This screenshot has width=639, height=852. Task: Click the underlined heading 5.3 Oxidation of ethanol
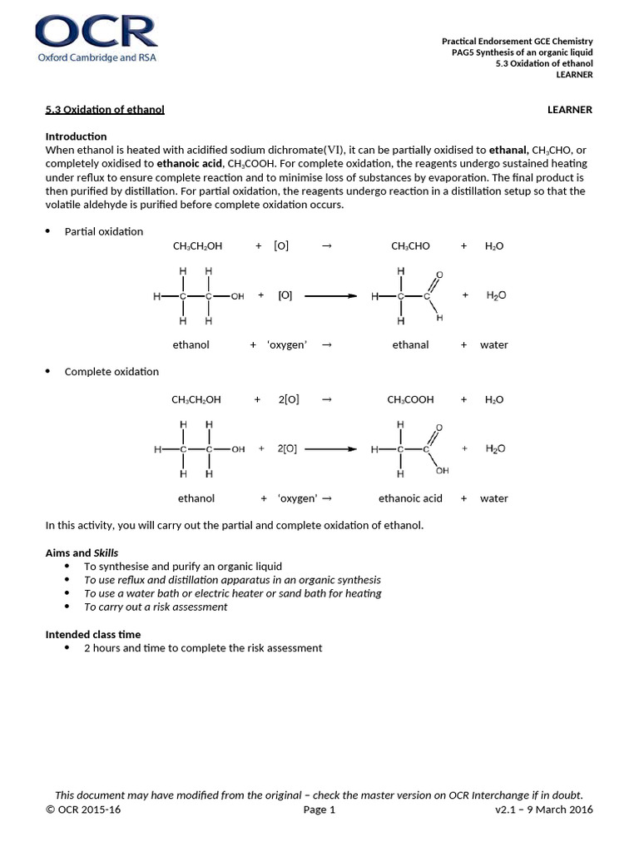(x=105, y=110)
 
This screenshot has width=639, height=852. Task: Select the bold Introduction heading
(x=76, y=136)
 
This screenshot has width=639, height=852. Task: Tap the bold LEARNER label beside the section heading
(x=569, y=110)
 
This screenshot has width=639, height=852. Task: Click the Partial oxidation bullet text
(x=104, y=231)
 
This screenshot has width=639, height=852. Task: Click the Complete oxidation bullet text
(x=111, y=371)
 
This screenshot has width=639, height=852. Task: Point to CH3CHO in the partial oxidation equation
(x=410, y=246)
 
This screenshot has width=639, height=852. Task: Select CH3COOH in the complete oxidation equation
(x=410, y=399)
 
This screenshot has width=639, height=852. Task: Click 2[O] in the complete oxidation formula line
(x=288, y=399)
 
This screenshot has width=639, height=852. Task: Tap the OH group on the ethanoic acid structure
(x=442, y=470)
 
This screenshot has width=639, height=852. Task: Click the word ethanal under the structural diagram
(x=410, y=344)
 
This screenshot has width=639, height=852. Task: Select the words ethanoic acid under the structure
(x=410, y=498)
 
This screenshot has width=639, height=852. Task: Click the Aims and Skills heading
(x=82, y=552)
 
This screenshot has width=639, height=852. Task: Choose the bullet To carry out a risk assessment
(x=156, y=607)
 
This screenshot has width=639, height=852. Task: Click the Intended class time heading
(x=93, y=634)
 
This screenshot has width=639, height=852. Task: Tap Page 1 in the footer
(x=319, y=810)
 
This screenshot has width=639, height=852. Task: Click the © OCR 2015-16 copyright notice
(x=83, y=810)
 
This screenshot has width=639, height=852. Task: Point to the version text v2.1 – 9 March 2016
(x=543, y=810)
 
